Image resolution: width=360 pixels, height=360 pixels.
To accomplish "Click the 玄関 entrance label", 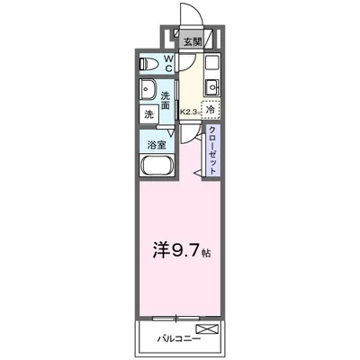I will pos(192,41).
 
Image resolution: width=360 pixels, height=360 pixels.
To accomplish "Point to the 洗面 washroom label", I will pos(167,100).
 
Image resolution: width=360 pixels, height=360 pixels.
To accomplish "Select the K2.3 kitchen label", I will pos(189,112).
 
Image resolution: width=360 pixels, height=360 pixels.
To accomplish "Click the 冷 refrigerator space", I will pos(211,110).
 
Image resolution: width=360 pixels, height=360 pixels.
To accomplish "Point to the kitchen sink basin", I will pos(212,87).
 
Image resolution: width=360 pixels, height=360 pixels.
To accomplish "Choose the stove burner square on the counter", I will pos(212,67).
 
